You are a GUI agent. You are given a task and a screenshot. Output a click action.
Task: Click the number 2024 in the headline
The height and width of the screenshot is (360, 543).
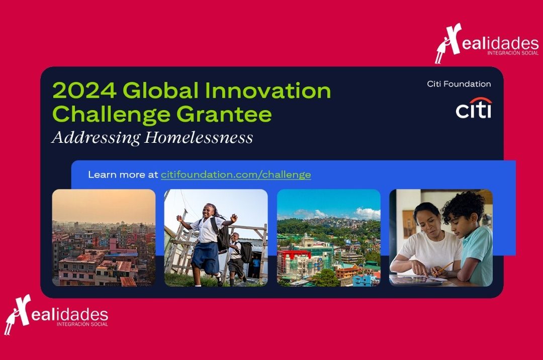(84, 91)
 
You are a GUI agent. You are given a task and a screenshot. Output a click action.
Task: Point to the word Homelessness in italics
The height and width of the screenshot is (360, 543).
(199, 137)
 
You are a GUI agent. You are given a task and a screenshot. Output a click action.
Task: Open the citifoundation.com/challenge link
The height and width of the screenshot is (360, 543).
(235, 174)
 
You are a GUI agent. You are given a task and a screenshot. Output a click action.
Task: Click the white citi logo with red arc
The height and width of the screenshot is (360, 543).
(474, 108)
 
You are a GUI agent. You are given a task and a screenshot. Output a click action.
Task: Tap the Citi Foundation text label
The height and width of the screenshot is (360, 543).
(459, 84)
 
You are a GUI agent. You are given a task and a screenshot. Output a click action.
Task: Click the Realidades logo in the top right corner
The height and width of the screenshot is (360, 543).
(487, 43)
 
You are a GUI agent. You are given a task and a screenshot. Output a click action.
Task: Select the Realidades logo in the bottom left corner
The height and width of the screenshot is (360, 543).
(56, 315)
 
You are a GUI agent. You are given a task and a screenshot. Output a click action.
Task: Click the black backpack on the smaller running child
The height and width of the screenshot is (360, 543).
(246, 252)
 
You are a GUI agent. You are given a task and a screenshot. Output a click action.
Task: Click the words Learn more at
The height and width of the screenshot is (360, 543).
(123, 174)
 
